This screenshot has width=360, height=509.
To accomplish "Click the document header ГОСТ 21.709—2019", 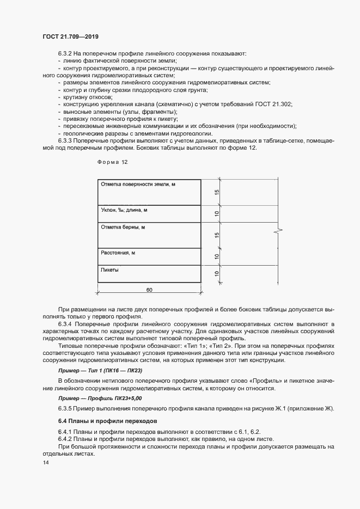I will pyautogui.click(x=70, y=36).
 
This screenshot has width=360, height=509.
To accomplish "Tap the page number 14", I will pyautogui.click(x=45, y=463).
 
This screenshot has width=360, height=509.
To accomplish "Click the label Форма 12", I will pyautogui.click(x=112, y=162).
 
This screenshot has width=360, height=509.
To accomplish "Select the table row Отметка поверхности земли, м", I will pyautogui.click(x=149, y=192).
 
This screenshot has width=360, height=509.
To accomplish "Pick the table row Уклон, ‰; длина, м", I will pyautogui.click(x=149, y=213).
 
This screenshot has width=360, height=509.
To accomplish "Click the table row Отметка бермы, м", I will pyautogui.click(x=149, y=235).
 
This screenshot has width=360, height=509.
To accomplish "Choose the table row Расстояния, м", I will pyautogui.click(x=149, y=256).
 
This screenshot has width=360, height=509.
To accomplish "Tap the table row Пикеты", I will pyautogui.click(x=149, y=273).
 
